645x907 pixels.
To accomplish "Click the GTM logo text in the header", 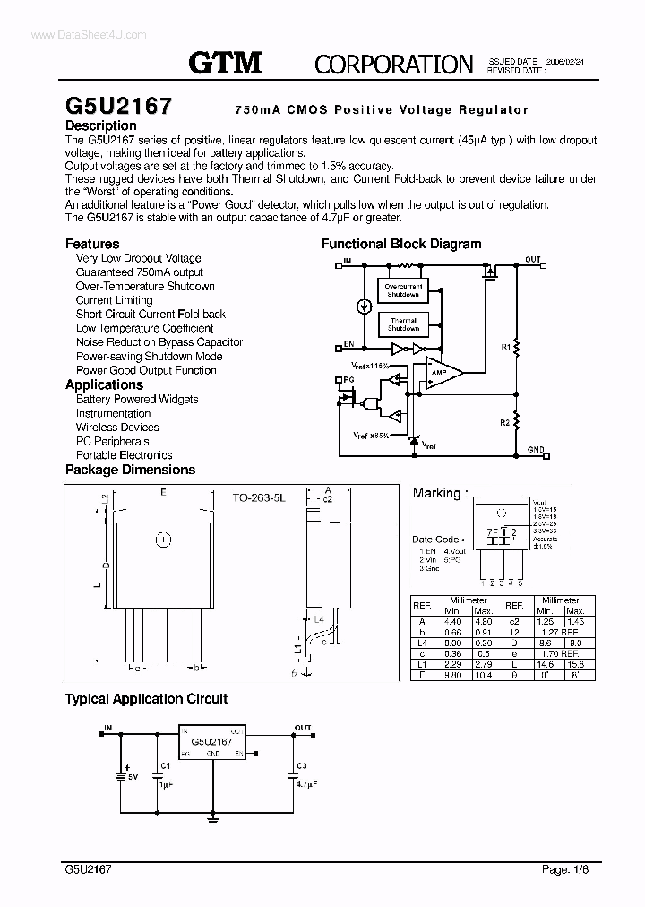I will coord(224,62).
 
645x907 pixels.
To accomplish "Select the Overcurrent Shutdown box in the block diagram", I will coord(402,290).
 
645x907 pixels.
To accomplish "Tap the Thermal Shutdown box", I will coord(402,324).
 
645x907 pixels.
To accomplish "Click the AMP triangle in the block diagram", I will coord(442,372).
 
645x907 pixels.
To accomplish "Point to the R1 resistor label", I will coord(505,344).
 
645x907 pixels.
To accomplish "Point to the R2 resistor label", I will coord(505,420).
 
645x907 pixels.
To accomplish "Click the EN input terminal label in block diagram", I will coord(348,343).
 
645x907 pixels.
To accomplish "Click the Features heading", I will coord(92,244).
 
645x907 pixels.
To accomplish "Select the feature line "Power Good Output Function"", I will coord(146,370).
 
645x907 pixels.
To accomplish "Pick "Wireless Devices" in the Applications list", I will coord(117,428).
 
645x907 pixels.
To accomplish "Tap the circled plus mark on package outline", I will coord(163,540).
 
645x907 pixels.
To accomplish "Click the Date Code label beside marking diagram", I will coord(435,540).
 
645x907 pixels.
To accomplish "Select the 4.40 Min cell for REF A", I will coord(452,620).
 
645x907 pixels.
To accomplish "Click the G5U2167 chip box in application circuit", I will coord(212,743).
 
